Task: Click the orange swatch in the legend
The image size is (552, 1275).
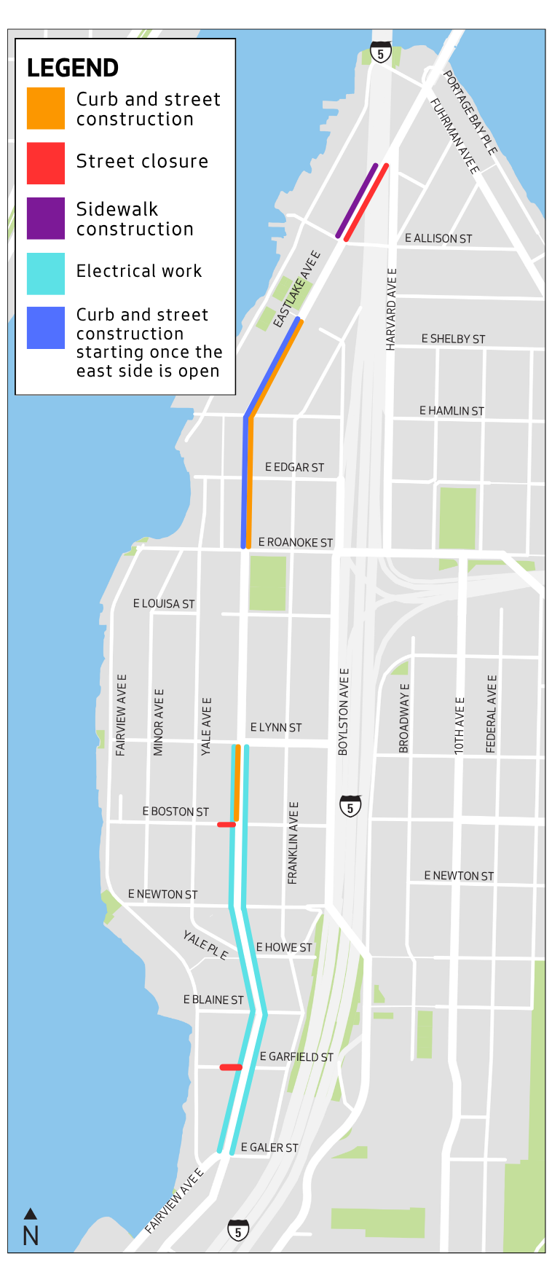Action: [46, 108]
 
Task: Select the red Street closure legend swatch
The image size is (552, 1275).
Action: [46, 163]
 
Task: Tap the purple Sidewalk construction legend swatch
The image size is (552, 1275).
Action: [46, 219]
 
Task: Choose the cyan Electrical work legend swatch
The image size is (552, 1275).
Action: [46, 273]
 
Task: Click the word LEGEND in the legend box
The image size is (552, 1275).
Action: [73, 68]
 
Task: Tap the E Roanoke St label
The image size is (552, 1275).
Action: [296, 543]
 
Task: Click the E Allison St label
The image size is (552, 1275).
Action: [438, 238]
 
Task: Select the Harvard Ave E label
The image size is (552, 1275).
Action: [391, 309]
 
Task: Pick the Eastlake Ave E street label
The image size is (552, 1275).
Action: [296, 289]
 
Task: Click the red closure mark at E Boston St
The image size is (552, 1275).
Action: [226, 825]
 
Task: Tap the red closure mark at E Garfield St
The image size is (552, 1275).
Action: [231, 1067]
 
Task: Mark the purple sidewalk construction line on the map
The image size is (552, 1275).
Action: [357, 200]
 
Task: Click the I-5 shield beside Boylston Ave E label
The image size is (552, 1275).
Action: [350, 806]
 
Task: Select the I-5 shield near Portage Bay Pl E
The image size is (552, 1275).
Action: [380, 52]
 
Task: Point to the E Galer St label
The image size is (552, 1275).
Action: [269, 1147]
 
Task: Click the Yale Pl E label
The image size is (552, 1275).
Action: [205, 945]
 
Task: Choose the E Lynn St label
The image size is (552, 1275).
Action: [276, 727]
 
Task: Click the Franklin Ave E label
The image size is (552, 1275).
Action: [293, 843]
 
